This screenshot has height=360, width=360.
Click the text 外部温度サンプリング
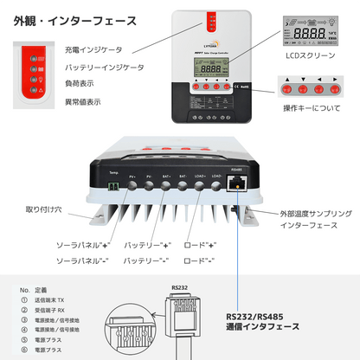point(304,211)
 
